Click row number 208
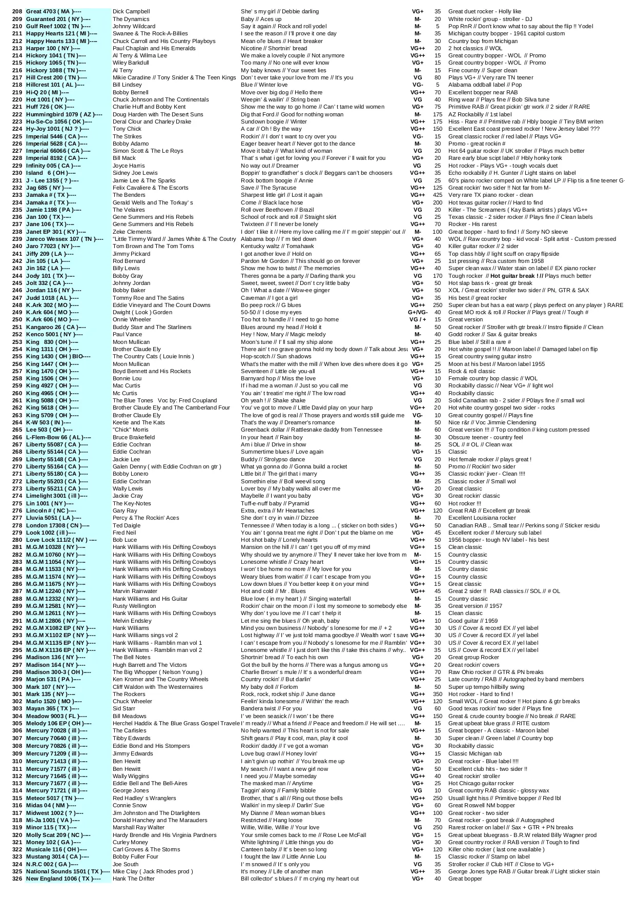(x=17, y=11)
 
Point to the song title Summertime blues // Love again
(x=282, y=452)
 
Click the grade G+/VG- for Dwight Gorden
(x=418, y=312)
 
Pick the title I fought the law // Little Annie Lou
(x=283, y=856)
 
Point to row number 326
(x=17, y=878)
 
